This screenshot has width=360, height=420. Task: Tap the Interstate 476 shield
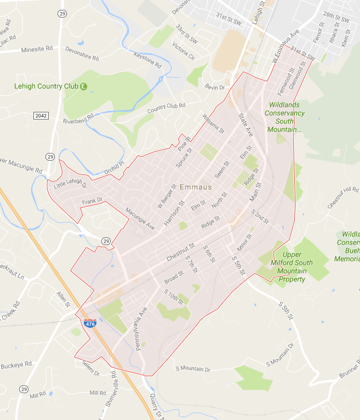coord(90,323)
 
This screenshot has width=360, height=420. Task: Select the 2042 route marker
coord(41,115)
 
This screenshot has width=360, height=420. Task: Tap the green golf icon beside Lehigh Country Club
coord(83,86)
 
